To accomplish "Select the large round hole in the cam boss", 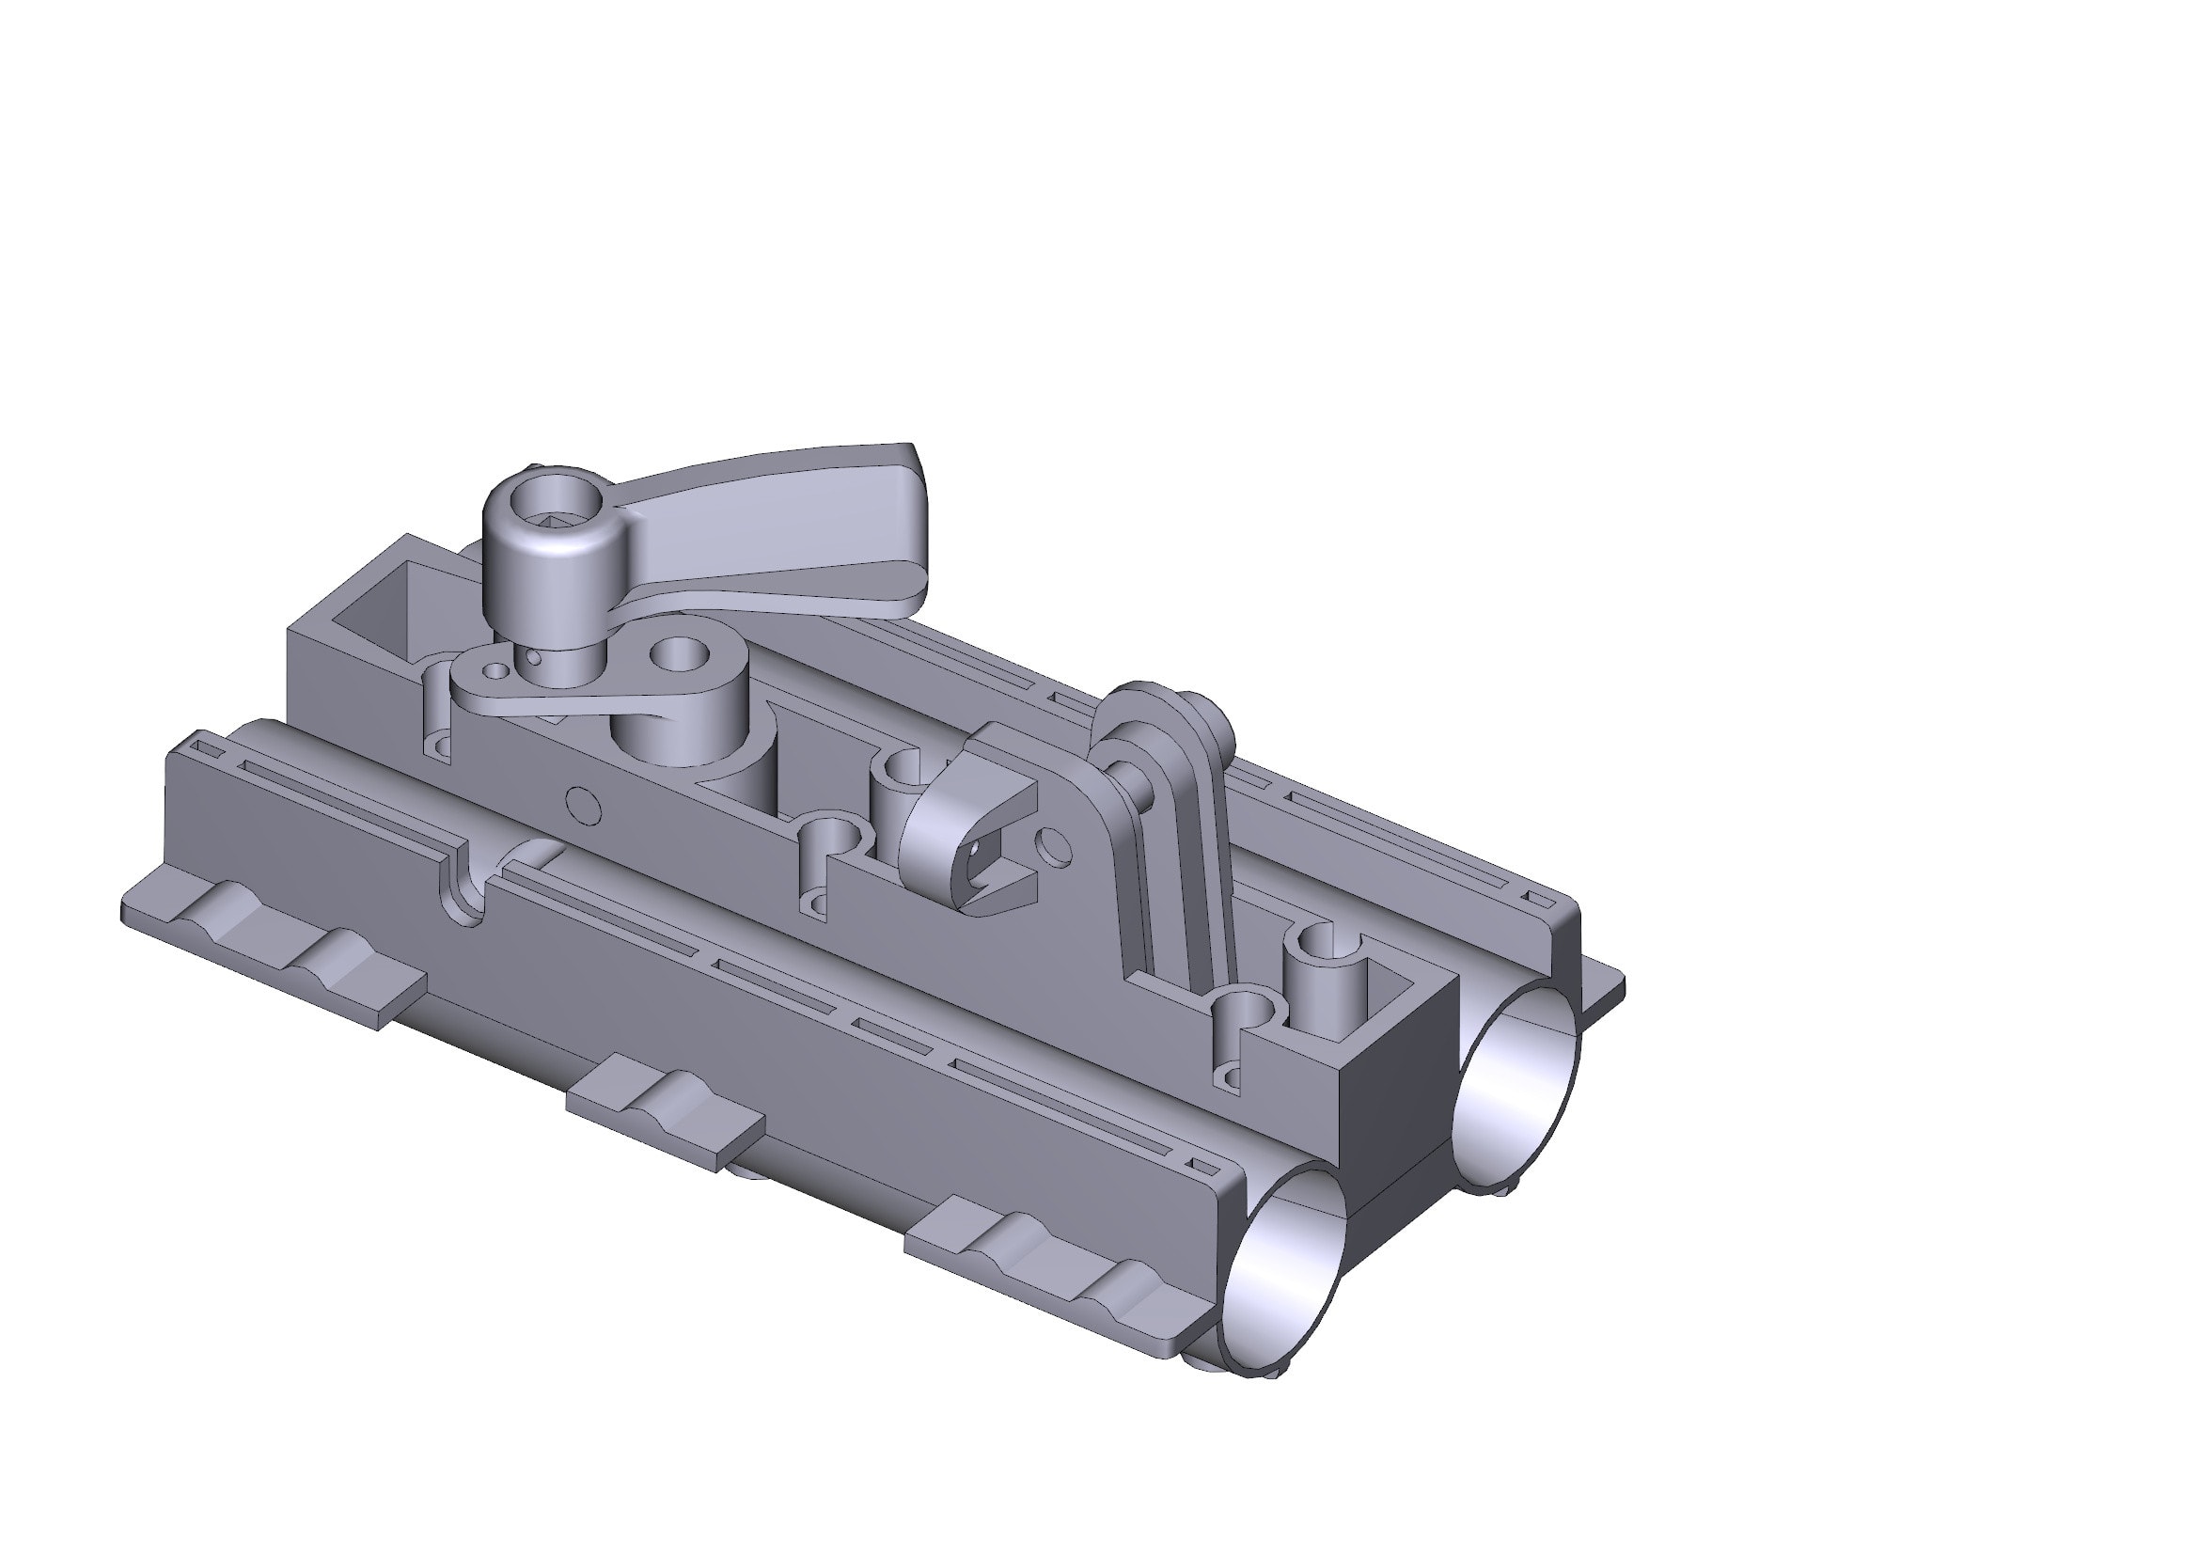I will pos(679,657).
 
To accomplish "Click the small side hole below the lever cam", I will pos(583,805).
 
